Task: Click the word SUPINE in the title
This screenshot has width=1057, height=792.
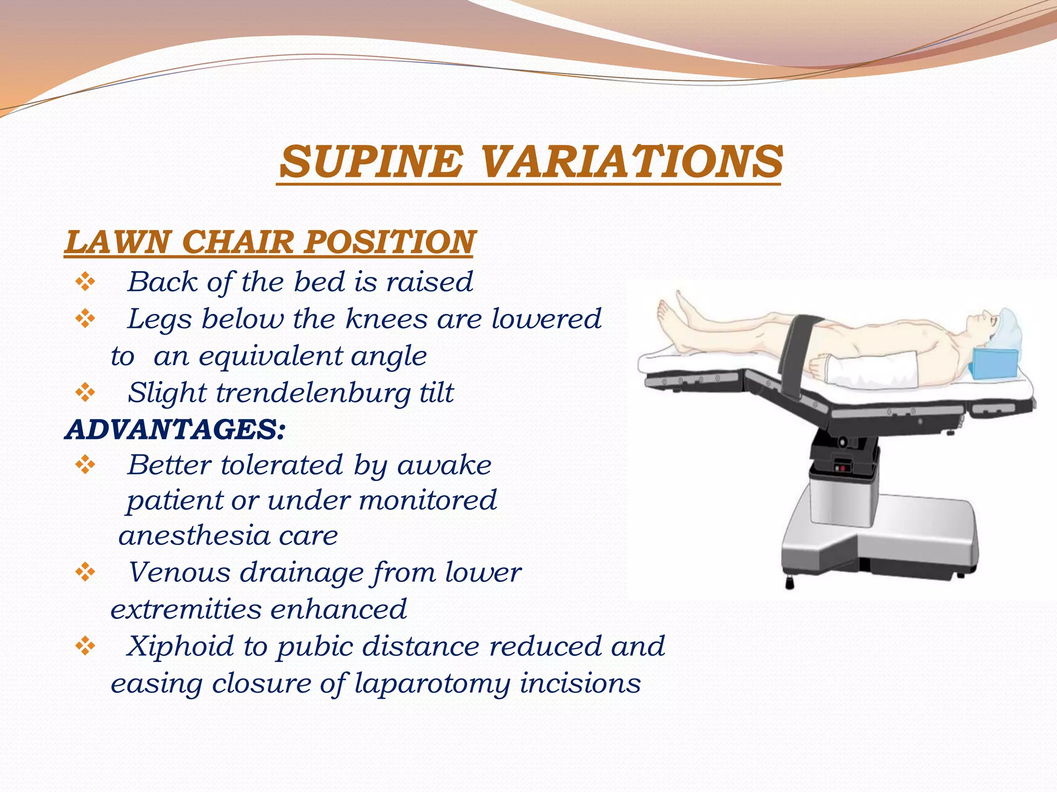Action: pos(371,161)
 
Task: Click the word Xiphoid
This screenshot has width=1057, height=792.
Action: pos(180,646)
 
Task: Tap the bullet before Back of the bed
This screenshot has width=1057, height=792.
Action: pos(85,282)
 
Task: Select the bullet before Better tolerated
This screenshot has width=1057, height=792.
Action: pos(85,465)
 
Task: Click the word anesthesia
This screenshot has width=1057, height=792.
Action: pos(194,535)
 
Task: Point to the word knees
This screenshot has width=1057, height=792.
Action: pos(386,319)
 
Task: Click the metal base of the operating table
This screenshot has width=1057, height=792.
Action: pos(877,547)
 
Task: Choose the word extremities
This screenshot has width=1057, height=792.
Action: pos(186,609)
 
